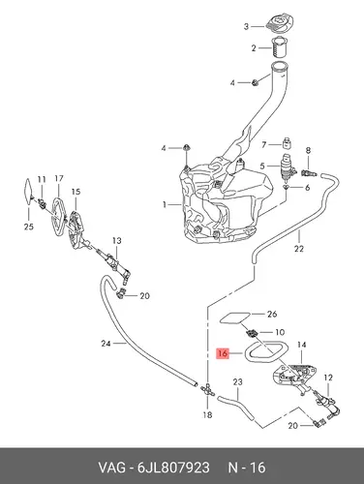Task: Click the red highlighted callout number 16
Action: pyautogui.click(x=223, y=353)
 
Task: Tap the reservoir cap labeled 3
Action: pyautogui.click(x=280, y=23)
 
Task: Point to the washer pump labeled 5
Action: pyautogui.click(x=287, y=166)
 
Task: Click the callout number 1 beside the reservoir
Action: pyautogui.click(x=165, y=204)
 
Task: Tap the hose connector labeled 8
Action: pyautogui.click(x=309, y=173)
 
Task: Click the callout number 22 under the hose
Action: pyautogui.click(x=299, y=249)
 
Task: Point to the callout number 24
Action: pyautogui.click(x=106, y=344)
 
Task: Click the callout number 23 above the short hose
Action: pyautogui.click(x=237, y=382)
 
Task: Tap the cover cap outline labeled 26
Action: pyautogui.click(x=235, y=318)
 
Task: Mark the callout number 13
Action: pyautogui.click(x=117, y=240)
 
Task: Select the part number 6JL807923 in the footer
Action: pyautogui.click(x=173, y=468)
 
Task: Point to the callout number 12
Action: pyautogui.click(x=328, y=377)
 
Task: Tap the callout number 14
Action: pyautogui.click(x=301, y=345)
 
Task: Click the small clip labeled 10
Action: pyautogui.click(x=252, y=332)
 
